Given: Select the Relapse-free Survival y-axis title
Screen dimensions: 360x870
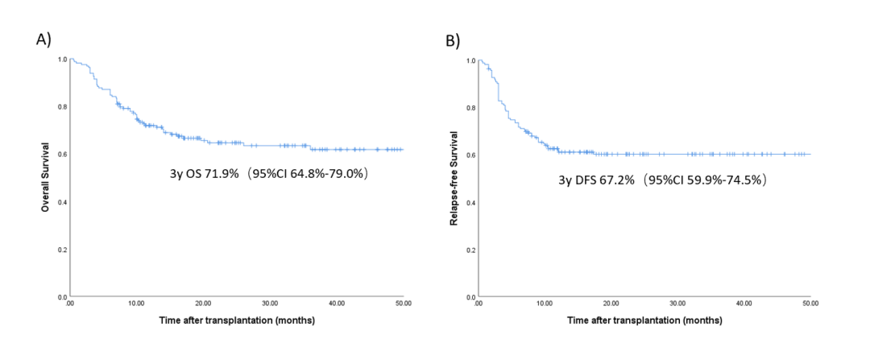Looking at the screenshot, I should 454,179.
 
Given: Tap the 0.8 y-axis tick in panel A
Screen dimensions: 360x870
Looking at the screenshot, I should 62,107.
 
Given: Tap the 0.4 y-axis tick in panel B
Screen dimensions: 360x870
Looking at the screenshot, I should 470,202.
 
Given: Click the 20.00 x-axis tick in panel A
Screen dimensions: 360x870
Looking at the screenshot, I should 203,304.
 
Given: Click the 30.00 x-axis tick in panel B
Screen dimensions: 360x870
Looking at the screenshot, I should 677,304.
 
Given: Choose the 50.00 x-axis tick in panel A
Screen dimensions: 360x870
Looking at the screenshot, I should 403,304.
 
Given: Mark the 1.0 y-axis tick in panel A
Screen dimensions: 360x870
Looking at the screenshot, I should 62,60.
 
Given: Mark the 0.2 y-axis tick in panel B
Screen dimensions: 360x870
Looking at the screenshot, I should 470,250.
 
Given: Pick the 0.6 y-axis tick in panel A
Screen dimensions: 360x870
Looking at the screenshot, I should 62,155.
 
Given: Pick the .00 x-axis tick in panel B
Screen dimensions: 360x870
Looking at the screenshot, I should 478,304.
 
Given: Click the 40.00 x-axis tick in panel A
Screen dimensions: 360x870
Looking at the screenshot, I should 337,304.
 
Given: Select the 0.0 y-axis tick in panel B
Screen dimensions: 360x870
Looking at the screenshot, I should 470,297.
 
